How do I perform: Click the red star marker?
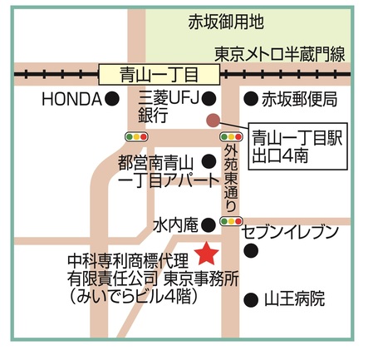coord(207,254)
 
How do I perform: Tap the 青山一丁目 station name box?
coord(160,75)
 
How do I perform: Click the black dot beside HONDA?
coord(112,99)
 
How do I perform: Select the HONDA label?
coord(71,99)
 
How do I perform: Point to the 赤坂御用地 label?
coord(226,22)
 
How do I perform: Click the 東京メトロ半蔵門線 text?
coord(280,54)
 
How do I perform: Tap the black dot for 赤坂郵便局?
coord(251,99)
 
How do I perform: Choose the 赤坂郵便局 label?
coord(300,99)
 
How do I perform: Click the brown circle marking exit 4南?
coord(214,121)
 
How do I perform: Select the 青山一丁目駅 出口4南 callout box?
coord(298,146)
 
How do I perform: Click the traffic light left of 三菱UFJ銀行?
coord(136,136)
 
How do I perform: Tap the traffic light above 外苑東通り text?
coord(231,136)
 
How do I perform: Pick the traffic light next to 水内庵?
coord(231,221)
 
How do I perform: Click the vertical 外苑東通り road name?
coord(231,178)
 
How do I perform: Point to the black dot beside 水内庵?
coord(209,224)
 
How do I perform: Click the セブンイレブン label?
coord(291,232)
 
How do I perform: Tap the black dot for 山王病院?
coord(251,299)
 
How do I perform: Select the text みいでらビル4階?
coord(133,297)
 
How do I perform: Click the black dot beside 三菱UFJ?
coord(209,99)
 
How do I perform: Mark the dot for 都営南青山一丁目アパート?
coord(209,161)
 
